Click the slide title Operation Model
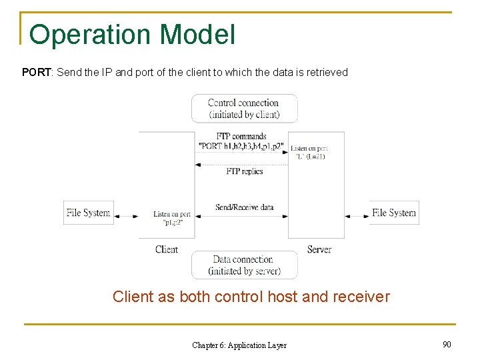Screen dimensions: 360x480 coord(132,35)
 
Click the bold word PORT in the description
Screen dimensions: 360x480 coord(37,72)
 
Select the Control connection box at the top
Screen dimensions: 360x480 coord(244,109)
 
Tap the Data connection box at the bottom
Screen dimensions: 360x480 coord(244,265)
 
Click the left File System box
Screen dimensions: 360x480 coord(88,213)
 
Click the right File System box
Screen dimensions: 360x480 coord(394,213)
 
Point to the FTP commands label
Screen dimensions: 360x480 coord(241,136)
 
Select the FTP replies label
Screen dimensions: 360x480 coord(244,171)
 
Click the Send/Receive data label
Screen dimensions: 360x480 coord(244,207)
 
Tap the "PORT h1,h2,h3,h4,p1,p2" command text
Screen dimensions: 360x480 coord(241,146)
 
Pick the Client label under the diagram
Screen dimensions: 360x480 coord(166,249)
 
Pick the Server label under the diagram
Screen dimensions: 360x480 coord(319,249)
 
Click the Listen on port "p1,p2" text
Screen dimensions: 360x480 coord(172,218)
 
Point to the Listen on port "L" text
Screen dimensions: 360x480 coord(309,152)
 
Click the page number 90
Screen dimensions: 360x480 coord(446,344)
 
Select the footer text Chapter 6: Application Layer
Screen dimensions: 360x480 coord(239,345)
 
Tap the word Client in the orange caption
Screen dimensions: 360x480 coord(133,297)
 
